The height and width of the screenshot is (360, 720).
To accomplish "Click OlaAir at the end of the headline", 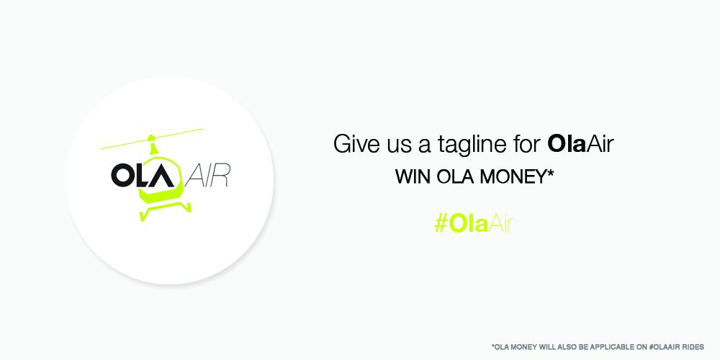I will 580,143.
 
